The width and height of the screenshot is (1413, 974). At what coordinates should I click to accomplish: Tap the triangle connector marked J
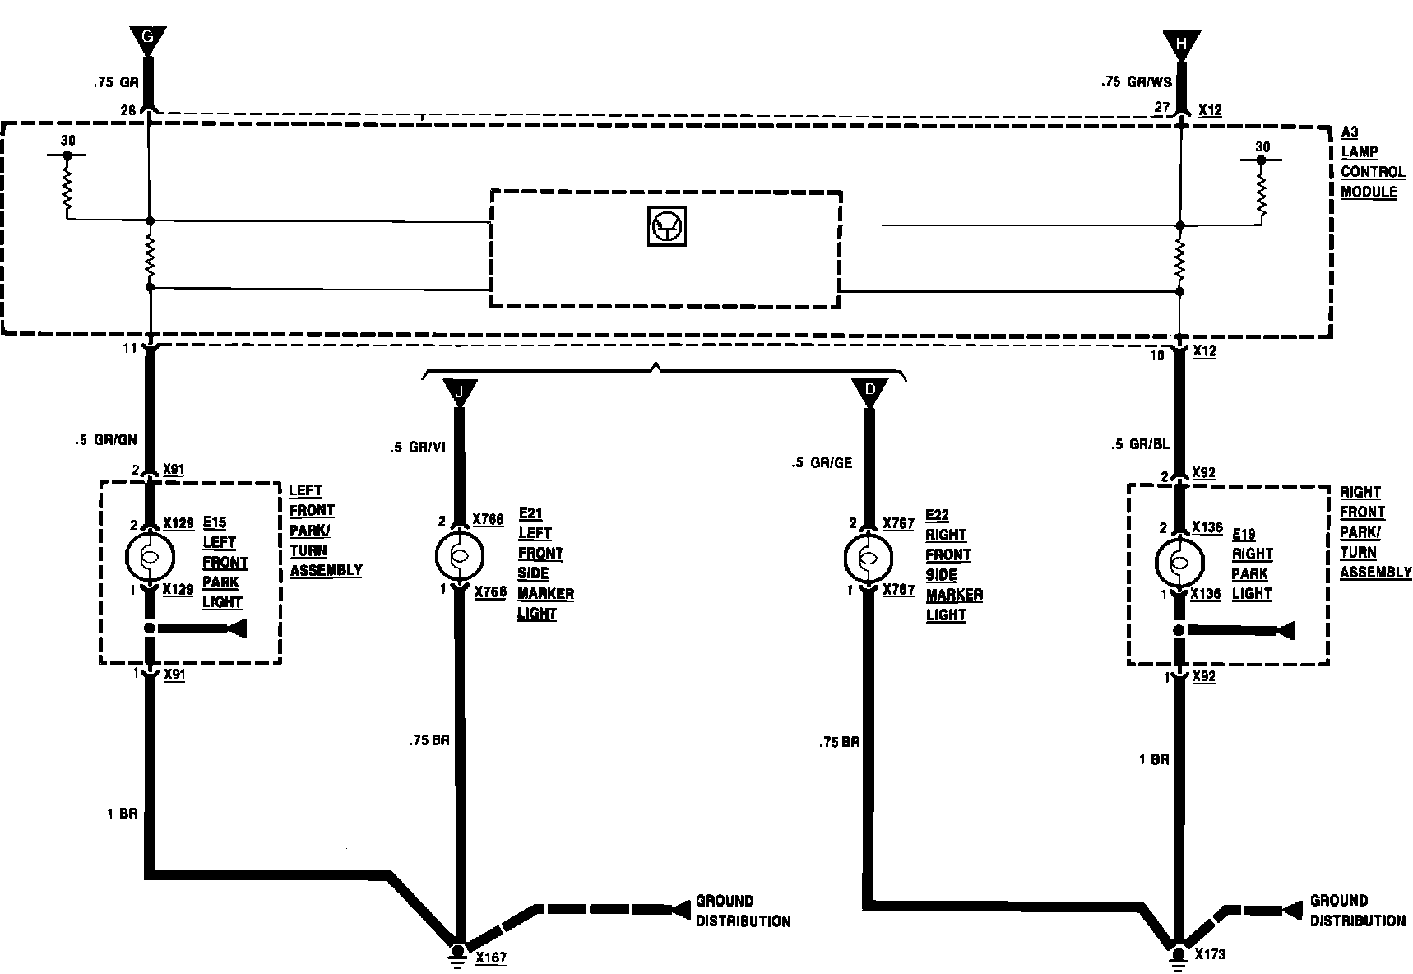point(460,391)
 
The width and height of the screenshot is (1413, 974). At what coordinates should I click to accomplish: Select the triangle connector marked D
point(869,391)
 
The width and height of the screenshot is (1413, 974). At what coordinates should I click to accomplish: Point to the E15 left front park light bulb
point(150,557)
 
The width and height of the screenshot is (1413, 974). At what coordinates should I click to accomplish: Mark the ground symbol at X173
point(1179,953)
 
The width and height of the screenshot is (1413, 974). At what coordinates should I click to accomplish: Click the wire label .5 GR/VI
point(417,448)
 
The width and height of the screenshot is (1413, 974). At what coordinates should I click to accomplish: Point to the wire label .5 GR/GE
point(822,463)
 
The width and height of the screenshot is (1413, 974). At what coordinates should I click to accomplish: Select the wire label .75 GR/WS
point(1136,83)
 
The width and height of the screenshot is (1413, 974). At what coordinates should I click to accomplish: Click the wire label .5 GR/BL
point(1140,445)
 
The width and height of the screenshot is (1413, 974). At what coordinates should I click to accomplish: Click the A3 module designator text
point(1350,132)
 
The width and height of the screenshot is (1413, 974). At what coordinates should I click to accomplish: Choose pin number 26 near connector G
point(127,109)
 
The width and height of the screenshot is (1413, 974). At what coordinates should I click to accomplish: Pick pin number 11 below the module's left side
point(130,349)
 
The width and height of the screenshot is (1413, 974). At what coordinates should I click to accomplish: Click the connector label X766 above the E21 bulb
point(488,520)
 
